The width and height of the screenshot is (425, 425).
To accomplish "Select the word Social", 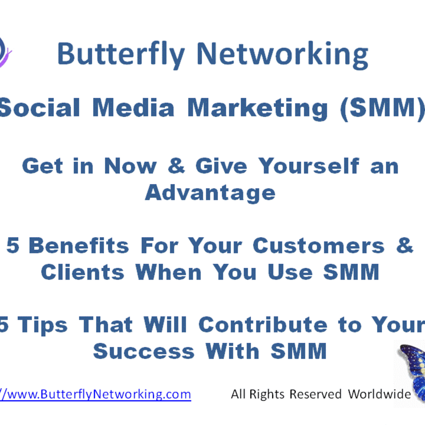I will pyautogui.click(x=39, y=108).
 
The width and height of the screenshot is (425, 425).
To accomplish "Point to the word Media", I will pyautogui.click(x=133, y=108).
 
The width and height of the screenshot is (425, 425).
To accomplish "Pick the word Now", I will pyautogui.click(x=130, y=166).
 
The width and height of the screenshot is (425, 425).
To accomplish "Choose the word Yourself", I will pyautogui.click(x=309, y=166).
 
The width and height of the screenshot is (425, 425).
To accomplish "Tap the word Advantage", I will pyautogui.click(x=210, y=193).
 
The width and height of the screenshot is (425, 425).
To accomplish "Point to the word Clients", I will pyautogui.click(x=83, y=272).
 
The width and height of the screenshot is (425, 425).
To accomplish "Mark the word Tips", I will pyautogui.click(x=42, y=325).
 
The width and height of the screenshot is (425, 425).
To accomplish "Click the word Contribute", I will pyautogui.click(x=263, y=325).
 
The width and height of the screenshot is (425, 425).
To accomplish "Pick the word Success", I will pyautogui.click(x=144, y=352).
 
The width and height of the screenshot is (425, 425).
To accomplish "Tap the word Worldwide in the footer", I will pyautogui.click(x=379, y=394).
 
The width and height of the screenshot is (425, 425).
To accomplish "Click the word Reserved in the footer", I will pyautogui.click(x=315, y=394).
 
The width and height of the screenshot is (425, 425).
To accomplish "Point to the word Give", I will pyautogui.click(x=221, y=166).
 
